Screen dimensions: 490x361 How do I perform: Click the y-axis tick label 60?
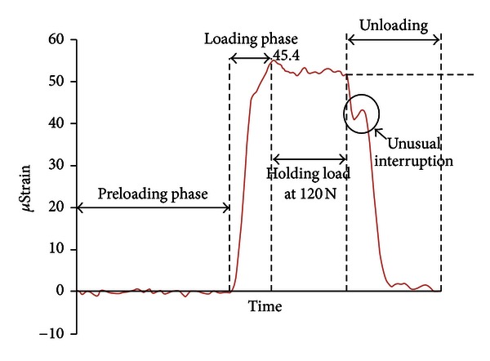coord(56,40)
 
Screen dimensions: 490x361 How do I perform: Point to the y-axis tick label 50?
coord(56,82)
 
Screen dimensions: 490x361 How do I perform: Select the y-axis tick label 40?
coord(56,123)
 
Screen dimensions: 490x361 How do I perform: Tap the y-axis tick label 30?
coord(56,165)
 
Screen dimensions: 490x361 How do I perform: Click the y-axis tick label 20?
coord(56,207)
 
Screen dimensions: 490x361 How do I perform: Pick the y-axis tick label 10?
coord(56,249)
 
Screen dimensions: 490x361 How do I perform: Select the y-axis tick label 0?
coord(60,291)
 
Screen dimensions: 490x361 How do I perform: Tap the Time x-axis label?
coord(266,306)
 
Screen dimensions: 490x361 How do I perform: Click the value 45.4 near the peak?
coord(287,56)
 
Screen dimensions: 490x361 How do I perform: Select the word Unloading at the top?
coord(393,25)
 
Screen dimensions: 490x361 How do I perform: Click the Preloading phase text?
coord(153,194)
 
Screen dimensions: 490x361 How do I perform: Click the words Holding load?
coord(308,173)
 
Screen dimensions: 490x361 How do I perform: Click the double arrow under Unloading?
coord(394,39)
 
